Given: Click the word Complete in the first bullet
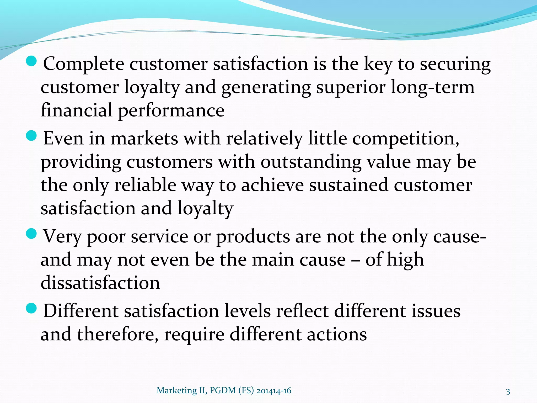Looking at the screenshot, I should click(x=83, y=64).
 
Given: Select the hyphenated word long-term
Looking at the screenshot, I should click(x=433, y=87).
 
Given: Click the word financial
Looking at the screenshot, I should click(x=77, y=110).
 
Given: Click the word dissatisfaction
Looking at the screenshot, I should click(x=100, y=283).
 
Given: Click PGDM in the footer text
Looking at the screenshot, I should click(x=223, y=391).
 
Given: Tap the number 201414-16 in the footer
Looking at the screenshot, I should click(x=274, y=391).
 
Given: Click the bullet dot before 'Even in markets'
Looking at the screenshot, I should click(x=32, y=136).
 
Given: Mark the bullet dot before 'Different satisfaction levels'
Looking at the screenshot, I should click(x=32, y=308).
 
